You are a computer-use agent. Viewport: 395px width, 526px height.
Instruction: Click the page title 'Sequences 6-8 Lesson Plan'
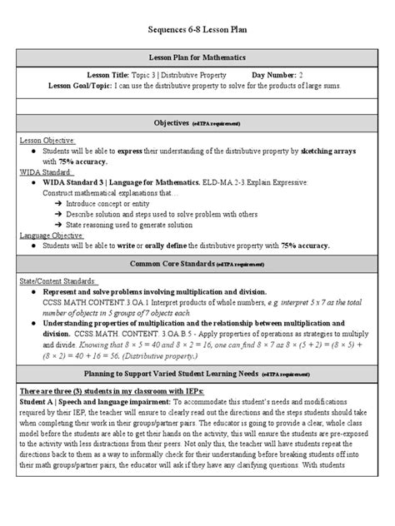pos(197,30)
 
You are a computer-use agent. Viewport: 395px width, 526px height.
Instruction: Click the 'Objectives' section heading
pos(183,122)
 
